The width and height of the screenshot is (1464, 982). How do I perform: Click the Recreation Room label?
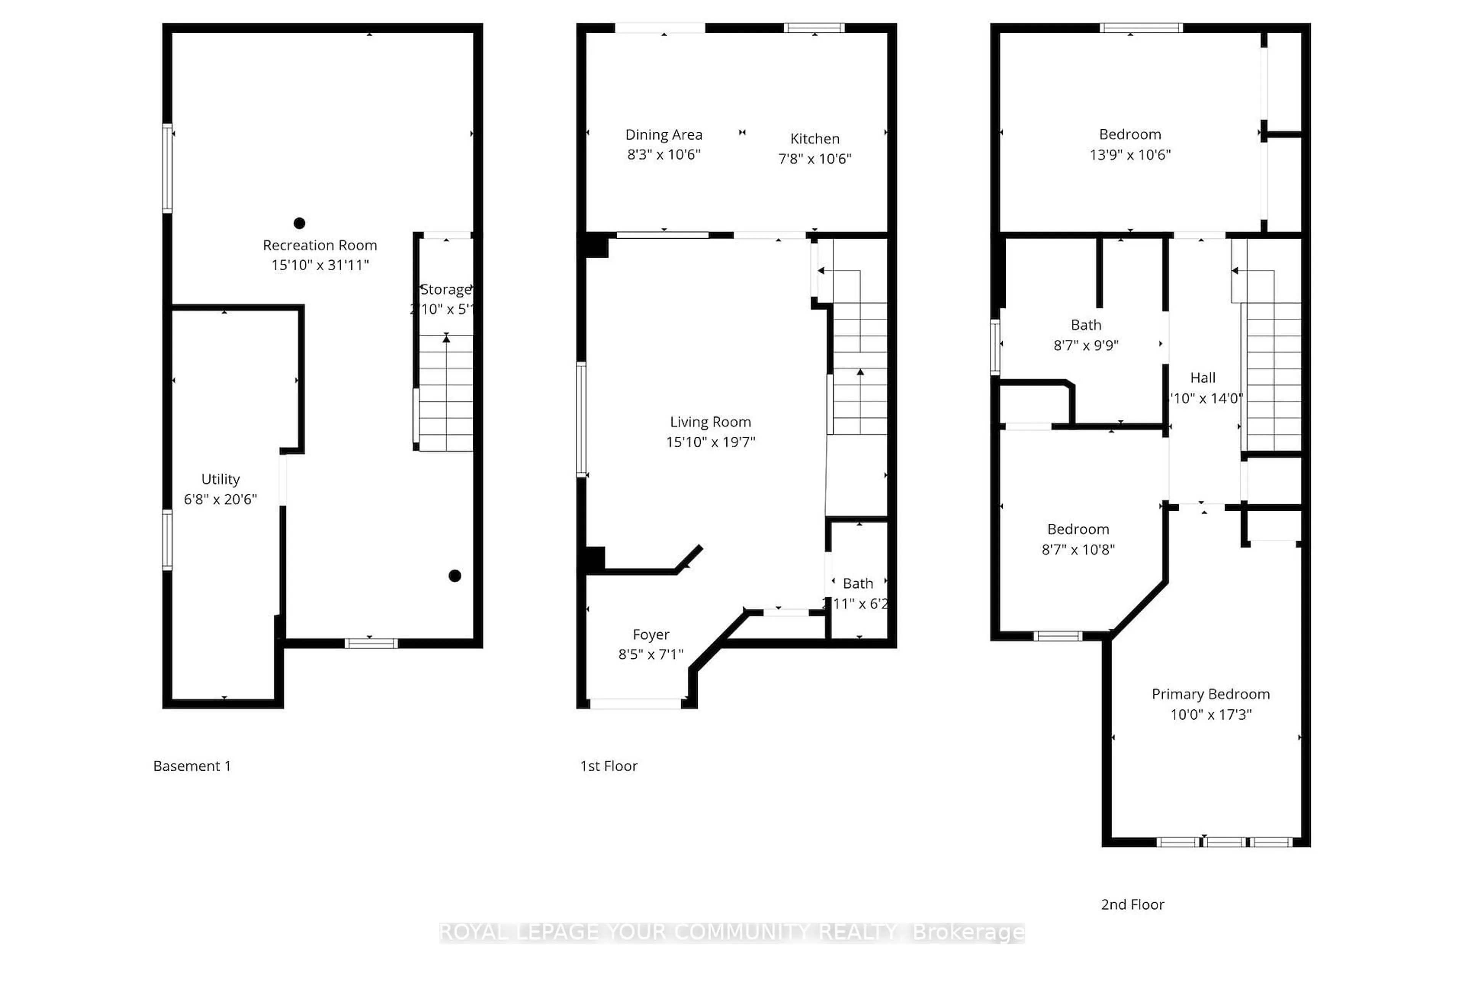pos(319,245)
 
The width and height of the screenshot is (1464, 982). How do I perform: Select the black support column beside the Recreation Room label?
pos(299,223)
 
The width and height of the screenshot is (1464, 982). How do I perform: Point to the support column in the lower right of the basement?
pos(454,576)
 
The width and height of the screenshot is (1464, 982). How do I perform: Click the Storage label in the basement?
pos(445,289)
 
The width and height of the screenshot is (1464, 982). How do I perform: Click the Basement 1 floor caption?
pos(192,766)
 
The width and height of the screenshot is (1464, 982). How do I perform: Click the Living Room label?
pos(710,422)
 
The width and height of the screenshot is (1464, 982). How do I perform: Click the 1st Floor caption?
pos(608,766)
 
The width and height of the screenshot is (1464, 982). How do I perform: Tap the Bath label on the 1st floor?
pos(857,583)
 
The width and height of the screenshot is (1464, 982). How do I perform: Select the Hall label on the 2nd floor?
pos(1202,378)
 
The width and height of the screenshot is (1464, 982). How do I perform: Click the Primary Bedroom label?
pos(1210,694)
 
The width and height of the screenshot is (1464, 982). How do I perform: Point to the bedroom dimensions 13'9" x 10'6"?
pos(1130,155)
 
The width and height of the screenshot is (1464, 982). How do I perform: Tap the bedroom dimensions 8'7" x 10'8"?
pos(1078,549)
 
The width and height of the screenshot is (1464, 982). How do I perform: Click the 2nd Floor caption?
pos(1132,904)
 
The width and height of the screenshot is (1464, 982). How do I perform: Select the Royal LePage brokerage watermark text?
pos(731,932)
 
